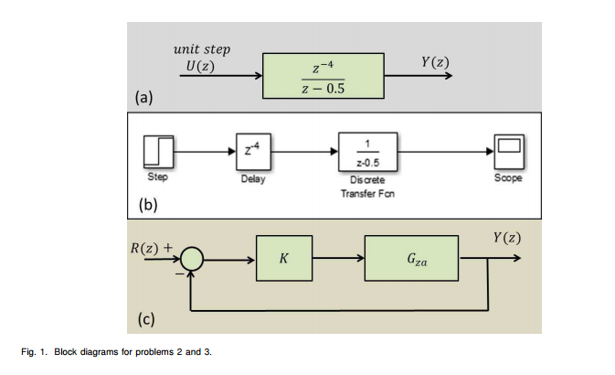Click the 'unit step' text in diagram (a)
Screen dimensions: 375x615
[201, 48]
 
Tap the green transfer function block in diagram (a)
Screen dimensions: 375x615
[322, 75]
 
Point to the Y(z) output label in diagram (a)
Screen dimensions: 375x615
[434, 62]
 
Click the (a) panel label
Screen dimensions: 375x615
[144, 96]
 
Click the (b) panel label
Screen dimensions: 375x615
[148, 204]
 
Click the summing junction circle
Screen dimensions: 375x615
[191, 260]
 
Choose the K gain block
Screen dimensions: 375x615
[285, 260]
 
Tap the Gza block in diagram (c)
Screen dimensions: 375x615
[411, 260]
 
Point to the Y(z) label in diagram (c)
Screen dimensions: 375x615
[506, 237]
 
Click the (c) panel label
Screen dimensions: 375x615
[146, 319]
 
